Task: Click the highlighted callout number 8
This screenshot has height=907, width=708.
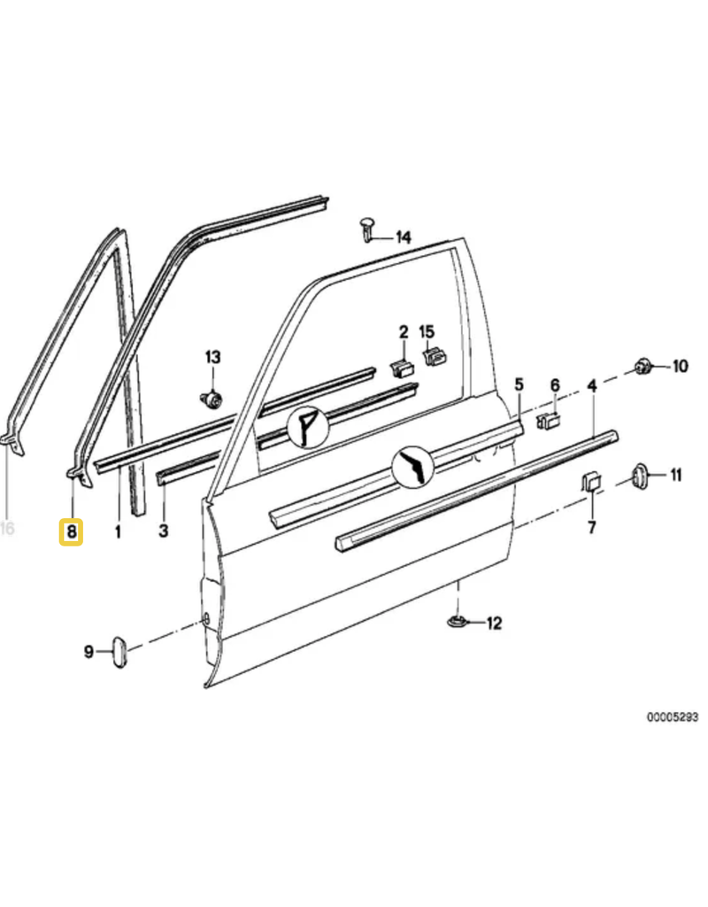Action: click(71, 531)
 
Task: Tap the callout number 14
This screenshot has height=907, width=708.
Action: click(403, 237)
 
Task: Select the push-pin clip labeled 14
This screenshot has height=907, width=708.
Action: click(367, 229)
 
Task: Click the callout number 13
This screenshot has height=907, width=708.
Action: click(212, 357)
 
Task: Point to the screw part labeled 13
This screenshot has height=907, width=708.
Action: click(212, 399)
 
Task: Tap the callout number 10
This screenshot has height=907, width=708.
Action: click(681, 366)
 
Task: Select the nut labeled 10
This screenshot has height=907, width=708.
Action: click(643, 366)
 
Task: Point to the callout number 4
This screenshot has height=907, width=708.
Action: click(591, 385)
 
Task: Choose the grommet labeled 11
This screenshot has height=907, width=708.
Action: click(639, 475)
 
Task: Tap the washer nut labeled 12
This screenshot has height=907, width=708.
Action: click(458, 621)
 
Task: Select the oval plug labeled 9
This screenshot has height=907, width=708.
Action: click(119, 652)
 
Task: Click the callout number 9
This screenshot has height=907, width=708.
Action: click(88, 652)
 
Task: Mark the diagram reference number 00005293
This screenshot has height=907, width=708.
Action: click(673, 717)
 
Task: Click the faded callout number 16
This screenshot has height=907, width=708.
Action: click(7, 528)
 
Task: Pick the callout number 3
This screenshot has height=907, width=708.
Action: click(164, 531)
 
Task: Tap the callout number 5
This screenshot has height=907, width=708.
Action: click(519, 384)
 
